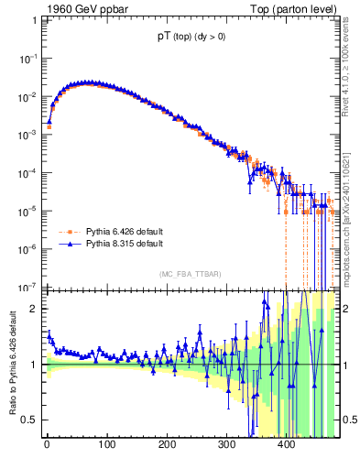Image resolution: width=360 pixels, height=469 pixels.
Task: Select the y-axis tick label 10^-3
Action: tap(27, 135)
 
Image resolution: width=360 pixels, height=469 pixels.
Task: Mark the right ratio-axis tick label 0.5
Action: tap(348, 420)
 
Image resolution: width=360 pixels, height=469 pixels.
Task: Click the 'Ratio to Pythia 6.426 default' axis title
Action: tap(11, 363)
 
